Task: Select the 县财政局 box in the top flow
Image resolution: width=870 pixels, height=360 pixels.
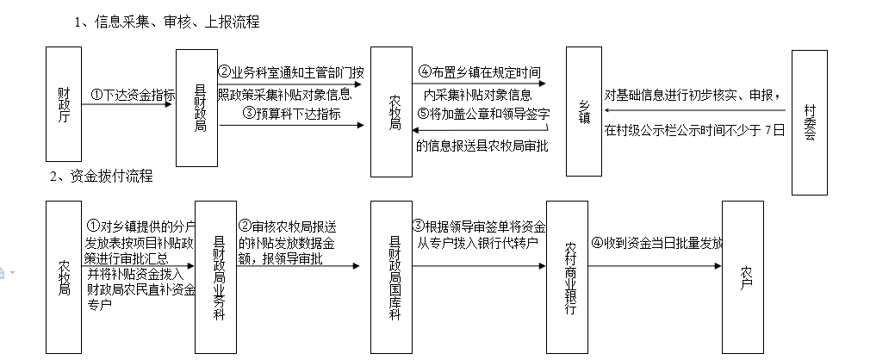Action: point(197,108)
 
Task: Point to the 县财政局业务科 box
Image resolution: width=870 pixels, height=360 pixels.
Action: point(215,276)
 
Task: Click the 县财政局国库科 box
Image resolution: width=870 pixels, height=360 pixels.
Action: point(392,276)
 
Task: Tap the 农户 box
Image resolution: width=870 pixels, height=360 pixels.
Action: point(742,276)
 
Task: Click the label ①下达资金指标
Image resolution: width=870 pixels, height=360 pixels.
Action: point(133,96)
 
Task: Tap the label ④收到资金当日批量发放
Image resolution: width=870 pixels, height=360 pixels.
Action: point(656,243)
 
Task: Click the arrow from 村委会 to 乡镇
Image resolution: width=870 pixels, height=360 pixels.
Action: point(697,110)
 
